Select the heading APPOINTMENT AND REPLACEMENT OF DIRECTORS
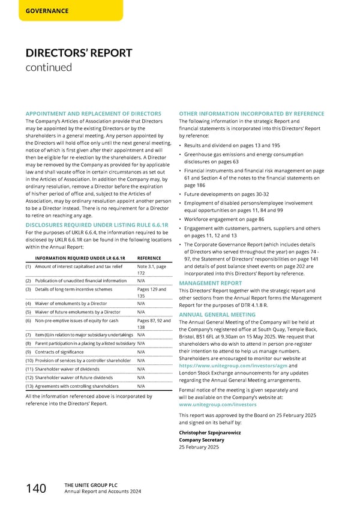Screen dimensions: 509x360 click(x=93, y=113)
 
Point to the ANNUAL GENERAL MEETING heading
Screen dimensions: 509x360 click(x=217, y=314)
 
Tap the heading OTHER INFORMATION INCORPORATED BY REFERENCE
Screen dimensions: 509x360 click(x=251, y=113)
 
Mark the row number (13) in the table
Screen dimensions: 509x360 click(x=29, y=387)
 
